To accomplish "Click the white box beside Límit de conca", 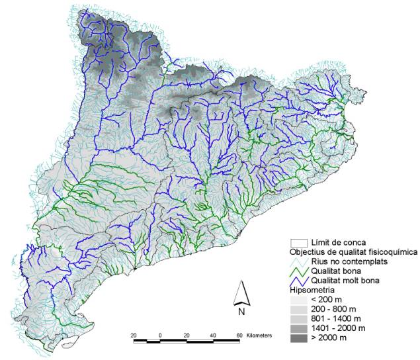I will point(298,242).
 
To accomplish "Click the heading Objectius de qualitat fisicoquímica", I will point(353,251).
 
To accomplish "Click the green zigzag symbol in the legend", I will point(298,271).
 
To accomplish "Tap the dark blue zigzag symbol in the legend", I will point(298,280).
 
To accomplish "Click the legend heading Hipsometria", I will point(313,289).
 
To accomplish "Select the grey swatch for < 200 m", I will point(298,299).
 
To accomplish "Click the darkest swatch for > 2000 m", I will point(298,338).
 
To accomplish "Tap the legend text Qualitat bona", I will point(336,271).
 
